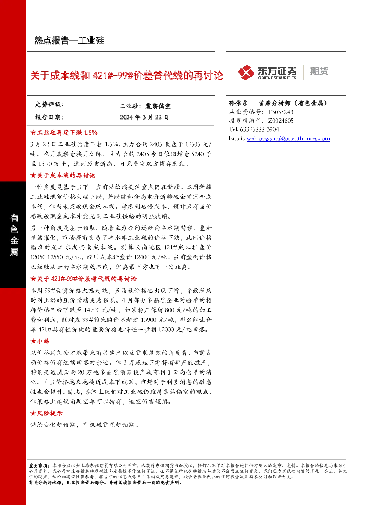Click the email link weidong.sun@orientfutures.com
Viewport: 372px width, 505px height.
(x=288, y=138)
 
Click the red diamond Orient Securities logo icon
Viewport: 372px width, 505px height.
(x=246, y=72)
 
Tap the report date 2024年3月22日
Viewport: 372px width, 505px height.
(x=144, y=117)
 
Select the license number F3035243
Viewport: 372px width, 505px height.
(x=281, y=112)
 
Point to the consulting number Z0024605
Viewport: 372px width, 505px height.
(x=281, y=121)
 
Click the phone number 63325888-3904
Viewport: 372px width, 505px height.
(x=259, y=129)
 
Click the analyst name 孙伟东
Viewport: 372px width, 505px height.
(x=238, y=103)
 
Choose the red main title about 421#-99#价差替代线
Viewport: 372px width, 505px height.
(x=127, y=75)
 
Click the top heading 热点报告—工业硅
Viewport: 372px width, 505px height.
(x=69, y=40)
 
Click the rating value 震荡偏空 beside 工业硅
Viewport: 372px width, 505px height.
(x=158, y=106)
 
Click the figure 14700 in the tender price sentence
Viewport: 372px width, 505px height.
(x=92, y=310)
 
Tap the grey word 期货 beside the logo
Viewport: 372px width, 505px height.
(x=319, y=71)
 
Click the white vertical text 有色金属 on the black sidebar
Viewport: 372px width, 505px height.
(x=14, y=235)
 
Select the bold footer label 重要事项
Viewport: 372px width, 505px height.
(x=38, y=466)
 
